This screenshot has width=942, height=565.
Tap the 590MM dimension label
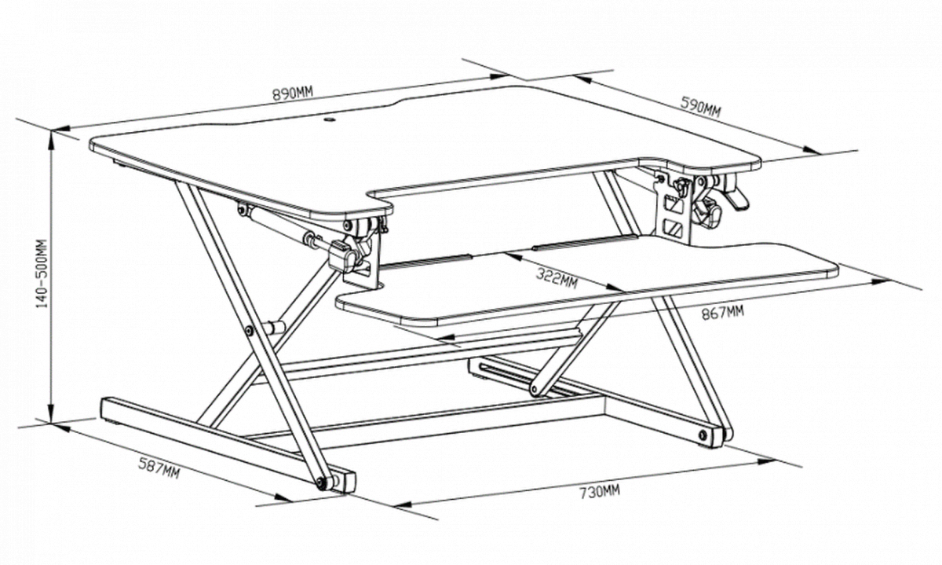pyautogui.click(x=699, y=108)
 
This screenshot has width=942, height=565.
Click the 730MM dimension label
pyautogui.click(x=599, y=493)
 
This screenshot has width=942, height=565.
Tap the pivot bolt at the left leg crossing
pyautogui.click(x=249, y=331)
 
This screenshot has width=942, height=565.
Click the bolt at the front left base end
pyautogui.click(x=321, y=483)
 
